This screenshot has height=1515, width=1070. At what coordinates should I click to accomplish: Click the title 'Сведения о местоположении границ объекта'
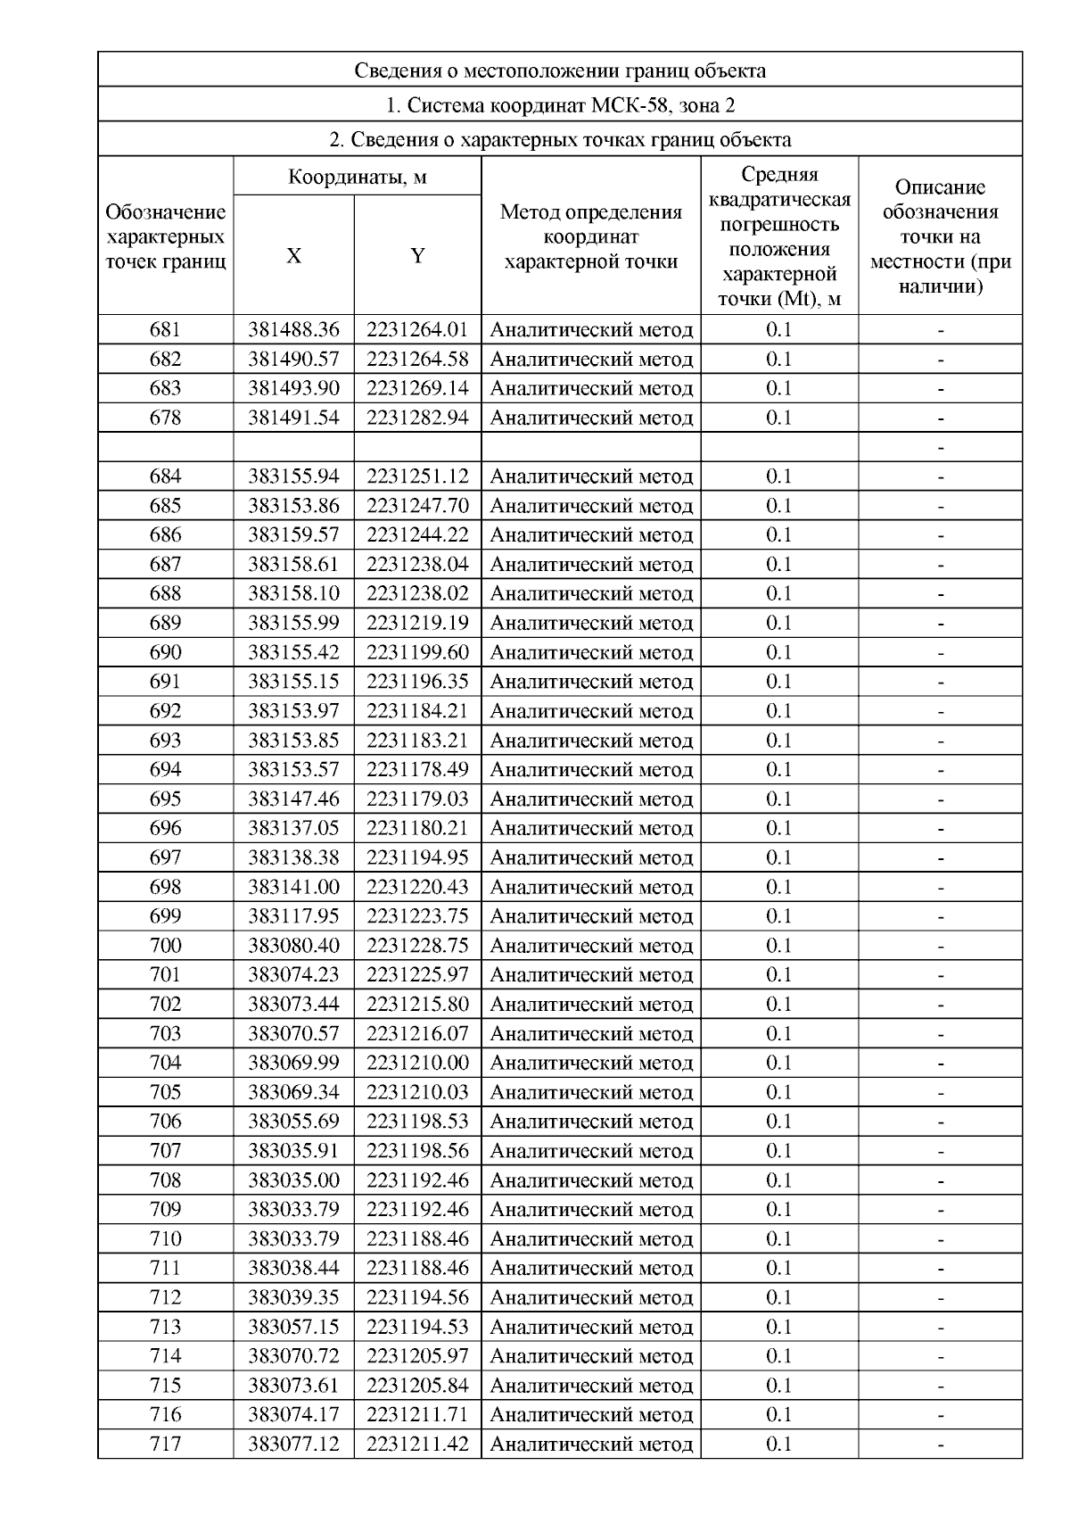(559, 70)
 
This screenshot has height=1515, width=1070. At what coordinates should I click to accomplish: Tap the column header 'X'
(293, 256)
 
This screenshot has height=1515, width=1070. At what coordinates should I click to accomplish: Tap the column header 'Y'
(417, 256)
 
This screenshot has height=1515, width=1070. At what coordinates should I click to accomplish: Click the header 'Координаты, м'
(357, 177)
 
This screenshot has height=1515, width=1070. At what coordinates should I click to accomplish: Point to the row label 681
(165, 330)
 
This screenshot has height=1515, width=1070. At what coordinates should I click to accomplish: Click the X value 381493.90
(293, 388)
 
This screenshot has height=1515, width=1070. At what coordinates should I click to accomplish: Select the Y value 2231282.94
(417, 418)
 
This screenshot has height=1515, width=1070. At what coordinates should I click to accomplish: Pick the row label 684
(165, 476)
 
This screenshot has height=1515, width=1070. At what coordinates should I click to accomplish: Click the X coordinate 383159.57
(293, 535)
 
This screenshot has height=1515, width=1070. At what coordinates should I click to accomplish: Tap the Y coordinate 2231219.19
(417, 623)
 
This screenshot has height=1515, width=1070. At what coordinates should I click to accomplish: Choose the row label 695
(165, 799)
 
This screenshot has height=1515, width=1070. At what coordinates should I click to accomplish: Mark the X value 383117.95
(293, 916)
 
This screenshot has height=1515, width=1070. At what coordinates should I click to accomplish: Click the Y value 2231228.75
(417, 946)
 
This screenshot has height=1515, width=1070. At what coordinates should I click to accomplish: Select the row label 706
(165, 1122)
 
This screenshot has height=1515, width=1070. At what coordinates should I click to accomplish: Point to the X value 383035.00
(293, 1180)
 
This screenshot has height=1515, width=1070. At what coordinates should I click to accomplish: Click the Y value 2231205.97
(417, 1356)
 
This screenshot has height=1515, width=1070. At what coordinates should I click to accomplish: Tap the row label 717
(165, 1444)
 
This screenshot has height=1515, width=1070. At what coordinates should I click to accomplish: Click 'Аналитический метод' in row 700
(591, 946)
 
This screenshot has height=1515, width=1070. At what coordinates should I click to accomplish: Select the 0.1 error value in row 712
(778, 1297)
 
